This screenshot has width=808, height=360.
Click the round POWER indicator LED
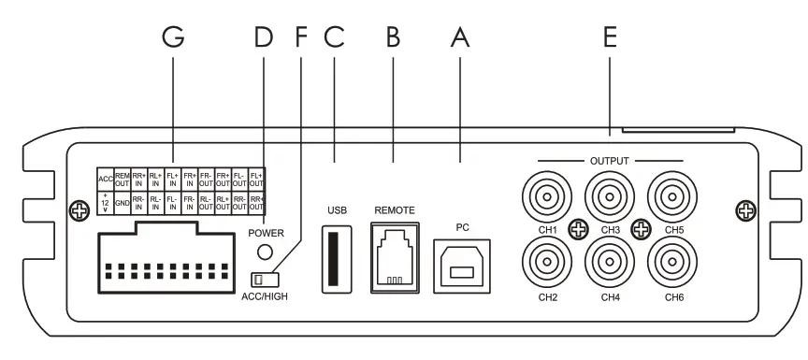click(x=267, y=251)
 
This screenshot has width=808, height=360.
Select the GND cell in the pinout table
click(x=122, y=201)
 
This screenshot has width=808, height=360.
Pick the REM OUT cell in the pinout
click(x=122, y=178)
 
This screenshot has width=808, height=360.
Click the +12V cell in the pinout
click(x=105, y=201)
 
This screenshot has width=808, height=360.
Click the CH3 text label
click(x=610, y=228)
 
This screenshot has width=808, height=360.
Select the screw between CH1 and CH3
click(x=579, y=228)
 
